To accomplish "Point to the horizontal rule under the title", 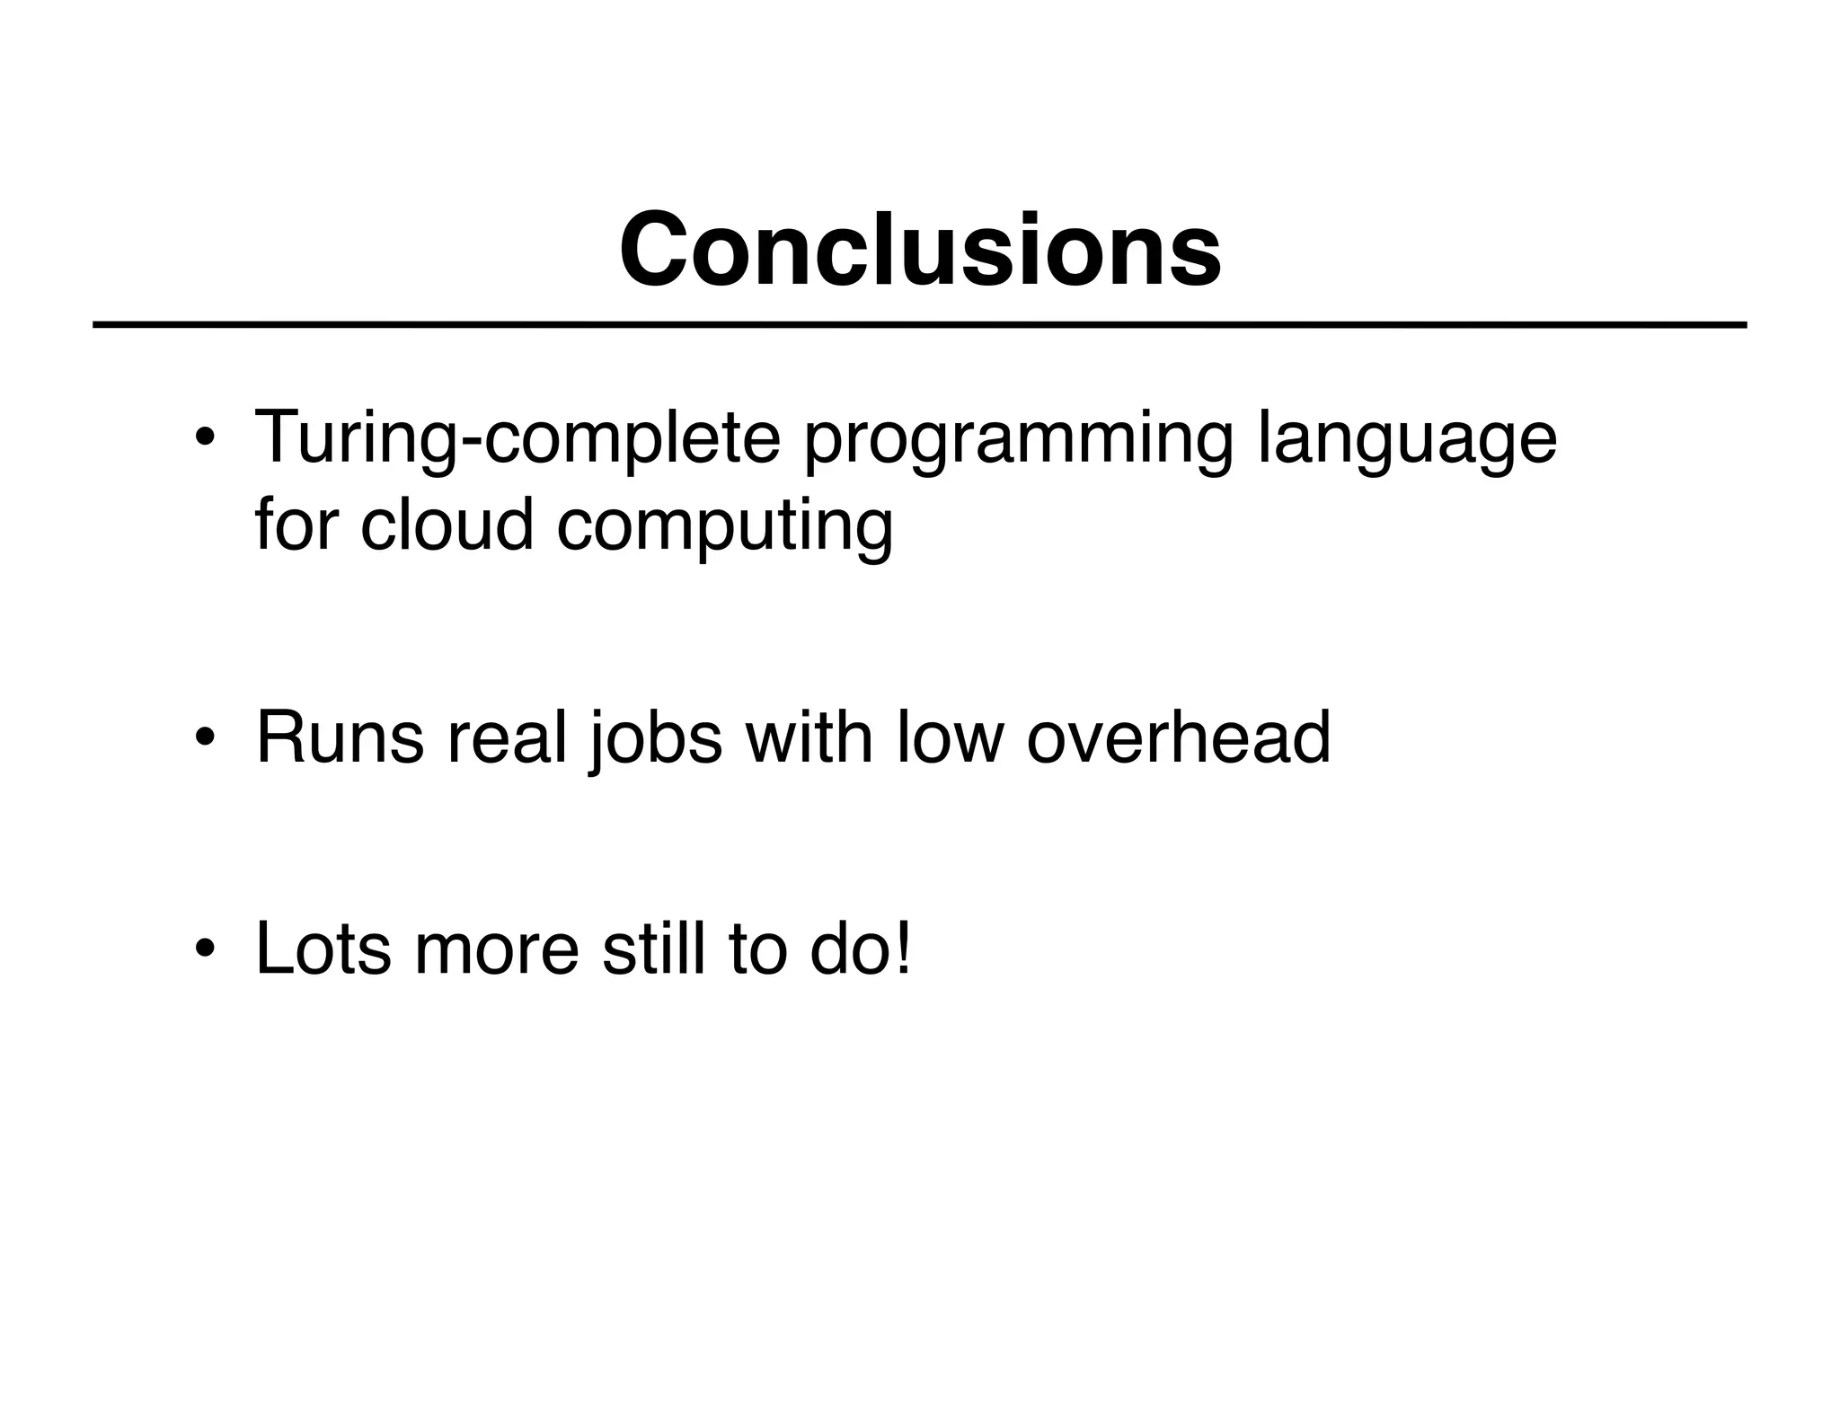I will tap(920, 325).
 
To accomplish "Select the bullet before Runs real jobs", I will tap(205, 739).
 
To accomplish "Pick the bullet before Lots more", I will tap(205, 950).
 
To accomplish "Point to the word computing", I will tap(725, 528).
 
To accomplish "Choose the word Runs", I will tap(340, 739).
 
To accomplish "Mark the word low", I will tap(950, 739).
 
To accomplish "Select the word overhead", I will tap(1178, 739).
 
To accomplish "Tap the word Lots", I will tap(323, 950).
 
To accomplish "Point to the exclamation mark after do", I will tap(903, 950).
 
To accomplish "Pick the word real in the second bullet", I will tap(508, 739).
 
